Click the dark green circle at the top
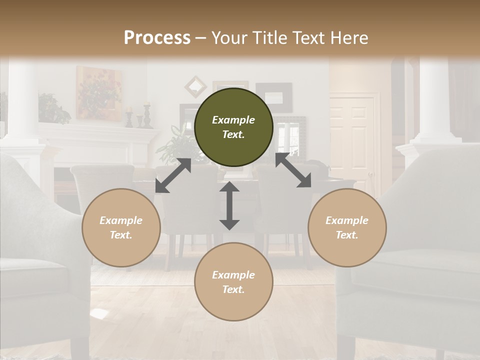[x=233, y=127]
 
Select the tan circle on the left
[x=121, y=227]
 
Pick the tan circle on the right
[x=347, y=227]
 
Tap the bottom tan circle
[x=233, y=282]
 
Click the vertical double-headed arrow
[x=229, y=205]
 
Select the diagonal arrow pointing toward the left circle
[x=173, y=175]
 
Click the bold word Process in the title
[x=157, y=37]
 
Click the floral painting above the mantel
[x=98, y=93]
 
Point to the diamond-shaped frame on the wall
[x=195, y=86]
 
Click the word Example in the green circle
[x=233, y=120]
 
